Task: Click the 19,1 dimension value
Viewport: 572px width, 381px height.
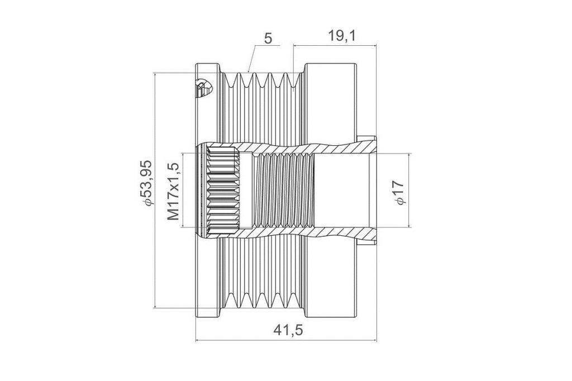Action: pos(341,36)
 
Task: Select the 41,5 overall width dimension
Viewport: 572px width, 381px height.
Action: pos(288,330)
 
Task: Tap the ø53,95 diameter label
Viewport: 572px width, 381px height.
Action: pos(147,183)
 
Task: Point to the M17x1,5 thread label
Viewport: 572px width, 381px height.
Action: pos(174,191)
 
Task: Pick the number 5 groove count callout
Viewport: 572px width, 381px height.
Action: pos(268,39)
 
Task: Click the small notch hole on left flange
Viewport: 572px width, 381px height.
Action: pos(202,88)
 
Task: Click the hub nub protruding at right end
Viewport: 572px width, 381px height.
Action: pos(366,190)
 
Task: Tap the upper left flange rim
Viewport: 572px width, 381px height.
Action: pos(208,102)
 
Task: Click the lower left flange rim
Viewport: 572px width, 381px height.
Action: pos(208,277)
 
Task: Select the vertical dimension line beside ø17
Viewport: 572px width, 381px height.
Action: pos(409,190)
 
